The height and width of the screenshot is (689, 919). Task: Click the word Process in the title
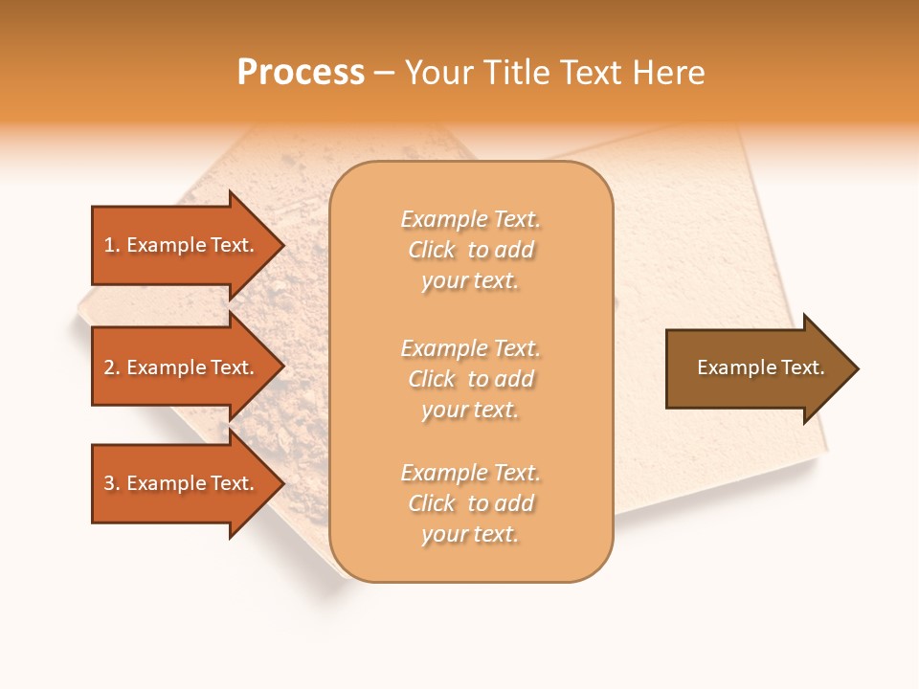[x=301, y=73]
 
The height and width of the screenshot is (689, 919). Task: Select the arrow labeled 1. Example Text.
[x=179, y=245]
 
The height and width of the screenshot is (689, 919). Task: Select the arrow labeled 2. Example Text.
[x=179, y=367]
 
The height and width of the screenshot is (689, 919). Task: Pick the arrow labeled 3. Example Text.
[x=179, y=483]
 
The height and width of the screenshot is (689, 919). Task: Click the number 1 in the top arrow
[x=108, y=245]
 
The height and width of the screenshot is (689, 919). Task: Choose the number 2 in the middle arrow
[x=109, y=367]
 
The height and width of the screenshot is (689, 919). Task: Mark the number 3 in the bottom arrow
[x=109, y=483]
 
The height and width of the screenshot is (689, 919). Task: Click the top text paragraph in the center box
[x=471, y=250]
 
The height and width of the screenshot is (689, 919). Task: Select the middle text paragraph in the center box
[x=471, y=379]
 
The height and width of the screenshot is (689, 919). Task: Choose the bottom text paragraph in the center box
[x=471, y=503]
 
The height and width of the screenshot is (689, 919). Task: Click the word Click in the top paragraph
[x=432, y=250]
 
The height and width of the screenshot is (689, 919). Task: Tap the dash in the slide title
[x=385, y=74]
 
